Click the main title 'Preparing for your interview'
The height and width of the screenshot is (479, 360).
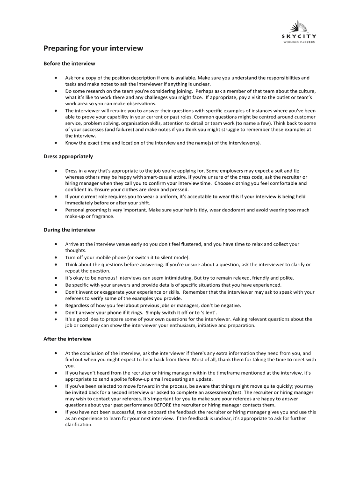tap(93, 48)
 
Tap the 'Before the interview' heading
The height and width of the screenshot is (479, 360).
tap(69, 63)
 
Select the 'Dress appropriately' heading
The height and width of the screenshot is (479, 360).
tap(68, 156)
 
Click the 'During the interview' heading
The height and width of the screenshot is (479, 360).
tap(69, 230)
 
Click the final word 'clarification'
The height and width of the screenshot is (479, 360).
tap(79, 425)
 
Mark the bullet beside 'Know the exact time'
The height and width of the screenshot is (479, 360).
tap(56, 143)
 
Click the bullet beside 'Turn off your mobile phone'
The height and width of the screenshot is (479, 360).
tap(56, 257)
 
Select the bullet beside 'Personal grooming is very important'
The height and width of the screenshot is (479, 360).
tap(56, 210)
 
